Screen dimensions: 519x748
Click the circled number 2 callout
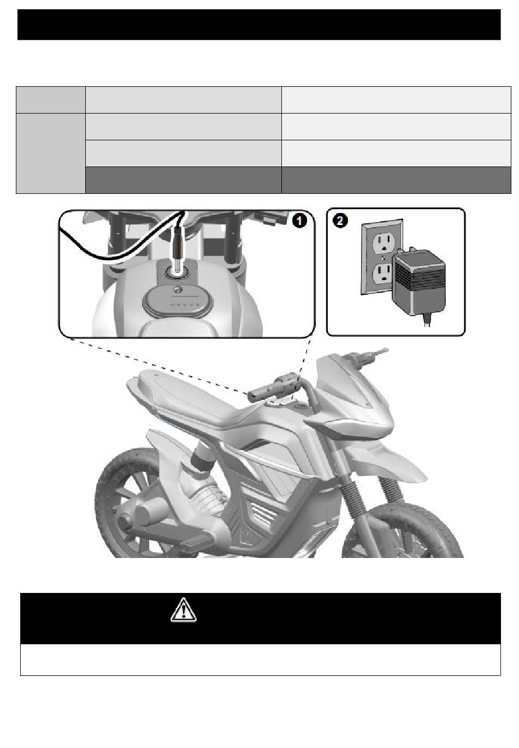pos(339,221)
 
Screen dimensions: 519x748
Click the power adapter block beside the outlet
pos(419,281)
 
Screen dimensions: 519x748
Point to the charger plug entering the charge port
pos(177,247)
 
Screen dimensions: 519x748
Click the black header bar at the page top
pos(259,25)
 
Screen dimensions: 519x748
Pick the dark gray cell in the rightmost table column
pos(396,180)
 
